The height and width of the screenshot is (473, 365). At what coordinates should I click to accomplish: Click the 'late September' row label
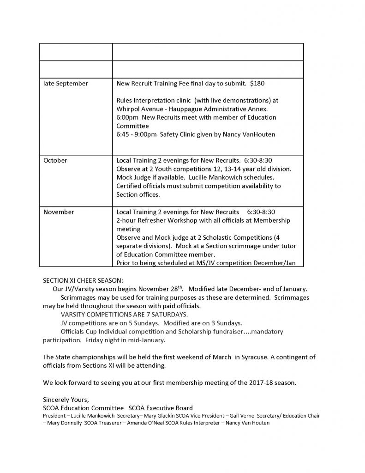point(66,84)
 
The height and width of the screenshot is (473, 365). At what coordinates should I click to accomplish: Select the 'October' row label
point(55,160)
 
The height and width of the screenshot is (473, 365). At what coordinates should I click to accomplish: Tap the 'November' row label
point(58,212)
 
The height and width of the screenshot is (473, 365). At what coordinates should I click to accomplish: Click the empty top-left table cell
point(76,52)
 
